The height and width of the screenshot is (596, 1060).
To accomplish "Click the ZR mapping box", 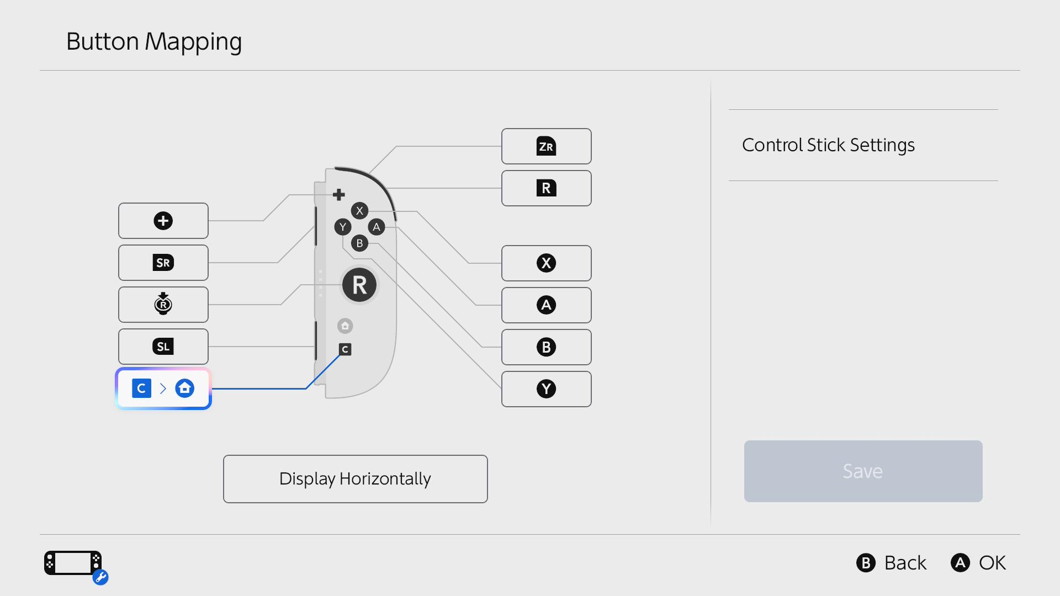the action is [x=547, y=146].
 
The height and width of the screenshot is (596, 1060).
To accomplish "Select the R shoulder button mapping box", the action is [x=547, y=188].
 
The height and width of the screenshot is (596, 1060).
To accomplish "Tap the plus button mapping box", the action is [x=163, y=221].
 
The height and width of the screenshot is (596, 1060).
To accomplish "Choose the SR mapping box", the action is [x=163, y=263].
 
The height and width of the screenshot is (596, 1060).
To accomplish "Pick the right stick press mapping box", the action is [x=163, y=305].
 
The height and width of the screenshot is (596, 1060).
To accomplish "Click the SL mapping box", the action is [x=163, y=347].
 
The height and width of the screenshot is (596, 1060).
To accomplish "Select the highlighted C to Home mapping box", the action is [x=163, y=389].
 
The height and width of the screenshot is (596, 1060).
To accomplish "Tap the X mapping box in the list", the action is [x=547, y=263].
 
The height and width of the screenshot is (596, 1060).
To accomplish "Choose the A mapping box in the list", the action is [x=547, y=305].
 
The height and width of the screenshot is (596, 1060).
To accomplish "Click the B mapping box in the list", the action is [x=547, y=347].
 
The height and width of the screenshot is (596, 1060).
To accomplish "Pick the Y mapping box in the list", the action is [x=547, y=389].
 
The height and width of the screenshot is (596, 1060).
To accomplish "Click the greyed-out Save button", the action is [x=863, y=471].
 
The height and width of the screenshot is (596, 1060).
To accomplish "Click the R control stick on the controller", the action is [x=359, y=285].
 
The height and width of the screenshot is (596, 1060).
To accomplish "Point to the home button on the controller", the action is [x=345, y=326].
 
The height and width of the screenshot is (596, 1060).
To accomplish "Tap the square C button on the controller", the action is [x=345, y=349].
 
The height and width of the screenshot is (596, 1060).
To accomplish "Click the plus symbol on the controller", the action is [x=339, y=195].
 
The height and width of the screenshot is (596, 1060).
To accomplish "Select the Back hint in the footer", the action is [x=892, y=563].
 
